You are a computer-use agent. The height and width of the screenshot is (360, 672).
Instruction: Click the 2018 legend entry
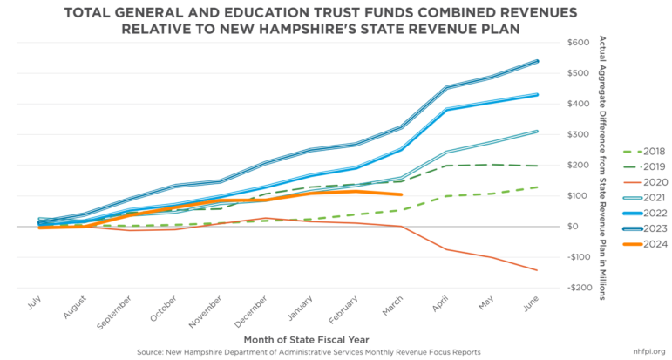(645, 150)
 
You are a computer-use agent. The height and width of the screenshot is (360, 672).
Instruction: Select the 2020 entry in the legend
(645, 181)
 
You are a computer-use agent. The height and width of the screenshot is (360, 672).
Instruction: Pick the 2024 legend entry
(645, 245)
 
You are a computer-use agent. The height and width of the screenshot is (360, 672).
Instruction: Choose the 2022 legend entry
(645, 214)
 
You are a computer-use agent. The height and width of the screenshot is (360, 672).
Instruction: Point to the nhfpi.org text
(650, 352)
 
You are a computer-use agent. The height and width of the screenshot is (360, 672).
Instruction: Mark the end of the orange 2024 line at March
(401, 194)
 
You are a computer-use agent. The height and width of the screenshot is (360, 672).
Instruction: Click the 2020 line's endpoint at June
(537, 270)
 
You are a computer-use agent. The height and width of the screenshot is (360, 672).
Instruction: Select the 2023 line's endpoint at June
(537, 61)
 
